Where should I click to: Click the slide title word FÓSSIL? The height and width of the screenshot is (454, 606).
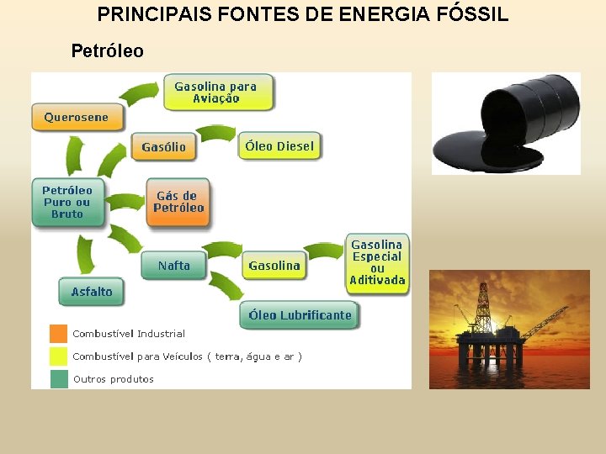[x=471, y=14]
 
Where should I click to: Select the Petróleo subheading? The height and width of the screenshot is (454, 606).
[x=107, y=51]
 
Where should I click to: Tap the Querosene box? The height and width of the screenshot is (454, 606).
[x=76, y=118]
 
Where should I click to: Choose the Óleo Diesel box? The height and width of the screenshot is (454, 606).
[x=279, y=146]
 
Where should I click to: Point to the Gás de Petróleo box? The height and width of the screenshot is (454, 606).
[x=178, y=202]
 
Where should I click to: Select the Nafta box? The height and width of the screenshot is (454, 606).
[x=173, y=266]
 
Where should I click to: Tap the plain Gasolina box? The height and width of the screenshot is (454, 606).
[x=274, y=266]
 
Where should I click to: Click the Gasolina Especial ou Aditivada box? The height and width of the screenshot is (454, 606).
[x=377, y=263]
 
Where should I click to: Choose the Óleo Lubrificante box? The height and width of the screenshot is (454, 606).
[x=300, y=315]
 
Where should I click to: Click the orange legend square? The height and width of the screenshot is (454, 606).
[x=59, y=334]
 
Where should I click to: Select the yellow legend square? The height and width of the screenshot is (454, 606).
[x=59, y=356]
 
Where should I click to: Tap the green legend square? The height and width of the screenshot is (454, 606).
[x=59, y=379]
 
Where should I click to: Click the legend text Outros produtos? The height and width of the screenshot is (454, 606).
[x=114, y=379]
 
